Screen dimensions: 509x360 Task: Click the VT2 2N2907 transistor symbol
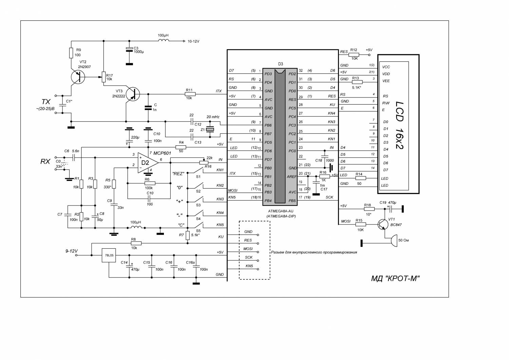pos(78,77)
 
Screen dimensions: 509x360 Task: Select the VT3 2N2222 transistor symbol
pos(133,94)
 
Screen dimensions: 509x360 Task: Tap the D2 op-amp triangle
pos(148,163)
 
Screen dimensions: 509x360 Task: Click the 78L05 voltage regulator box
pos(109,255)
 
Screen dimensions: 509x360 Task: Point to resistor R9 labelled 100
pos(71,53)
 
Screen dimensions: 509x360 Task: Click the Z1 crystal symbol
pos(210,129)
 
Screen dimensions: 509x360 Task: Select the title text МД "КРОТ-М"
pos(395,278)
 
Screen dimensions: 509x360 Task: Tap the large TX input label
pos(46,102)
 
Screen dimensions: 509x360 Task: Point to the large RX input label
pos(45,161)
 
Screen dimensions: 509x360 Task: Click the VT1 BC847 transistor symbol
pos(383,224)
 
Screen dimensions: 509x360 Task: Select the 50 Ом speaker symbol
pos(394,240)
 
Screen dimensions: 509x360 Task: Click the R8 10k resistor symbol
pos(136,243)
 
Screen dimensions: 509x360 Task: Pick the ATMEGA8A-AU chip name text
pos(281,211)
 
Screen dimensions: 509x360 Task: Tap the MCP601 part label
pos(162,153)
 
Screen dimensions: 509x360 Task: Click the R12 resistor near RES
pos(354,55)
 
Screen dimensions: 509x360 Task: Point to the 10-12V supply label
pos(193,41)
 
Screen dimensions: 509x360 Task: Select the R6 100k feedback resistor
pos(150,183)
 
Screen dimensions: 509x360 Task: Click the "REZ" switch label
pos(178,174)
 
